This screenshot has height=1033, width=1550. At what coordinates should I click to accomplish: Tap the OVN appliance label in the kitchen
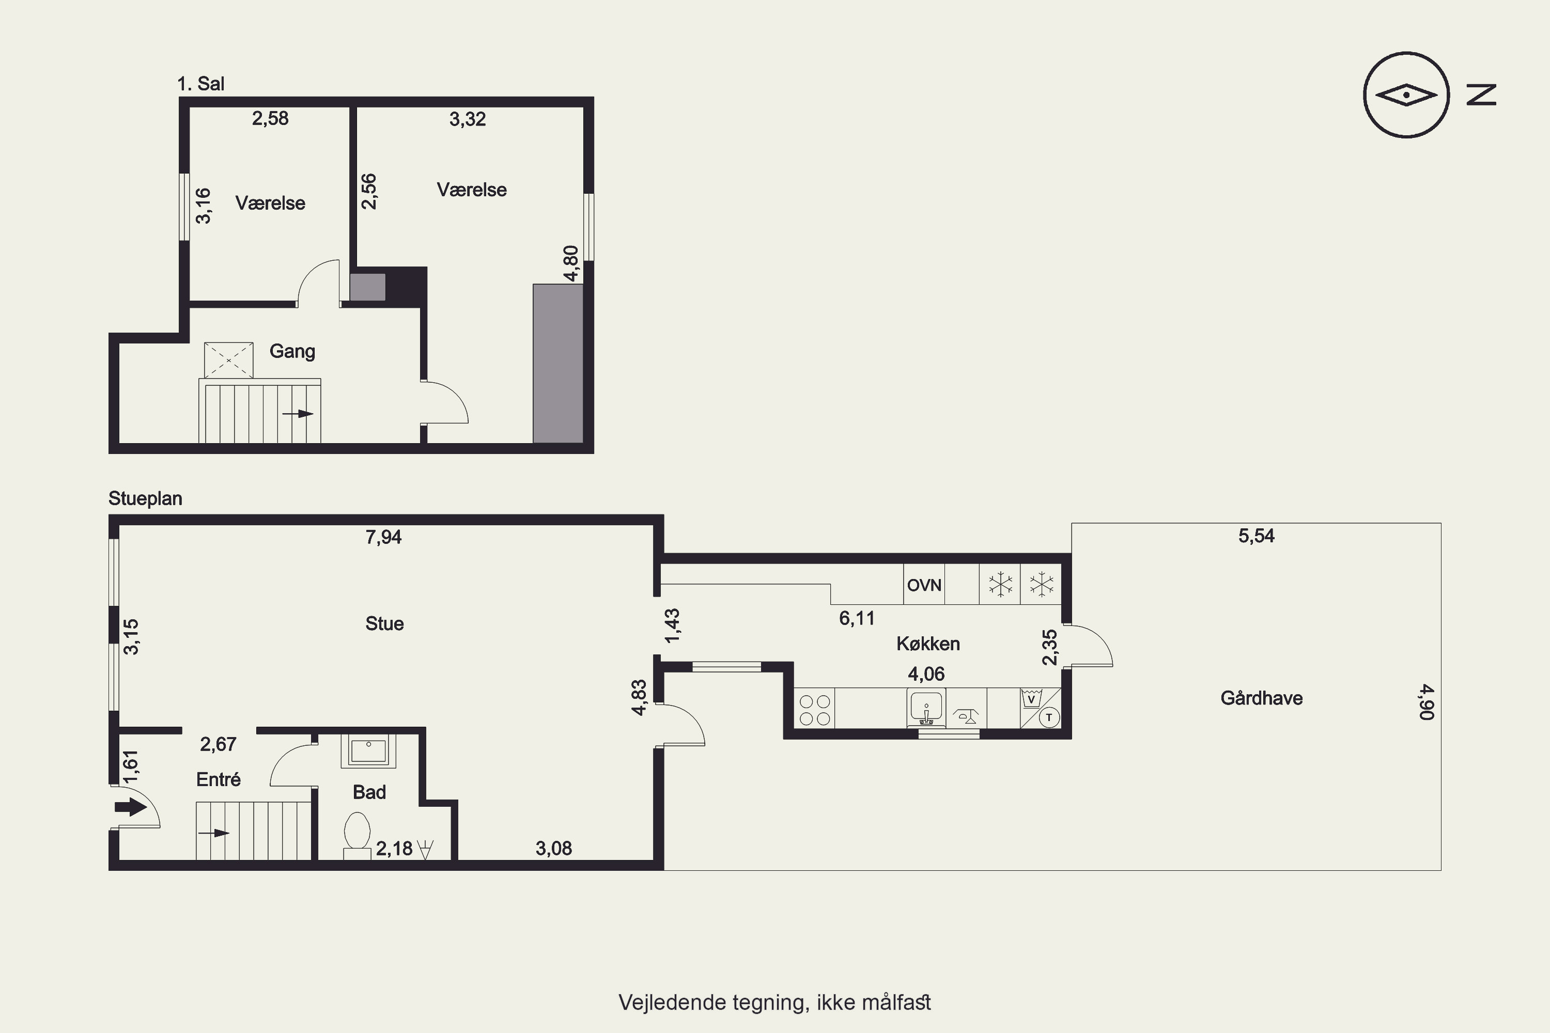[924, 585]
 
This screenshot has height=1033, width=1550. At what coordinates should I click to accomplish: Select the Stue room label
[384, 623]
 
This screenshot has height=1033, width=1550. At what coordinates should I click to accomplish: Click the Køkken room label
[928, 644]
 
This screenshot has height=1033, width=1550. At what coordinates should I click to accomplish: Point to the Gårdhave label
[1261, 698]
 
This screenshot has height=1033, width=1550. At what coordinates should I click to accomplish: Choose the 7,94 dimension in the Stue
[383, 537]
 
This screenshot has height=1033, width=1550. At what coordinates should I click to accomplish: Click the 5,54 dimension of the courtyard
[1256, 536]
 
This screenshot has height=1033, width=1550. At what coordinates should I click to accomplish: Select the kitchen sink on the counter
[926, 708]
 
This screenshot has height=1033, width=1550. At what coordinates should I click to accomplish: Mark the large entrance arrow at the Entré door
[131, 807]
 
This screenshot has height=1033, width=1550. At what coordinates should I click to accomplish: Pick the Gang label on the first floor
[292, 351]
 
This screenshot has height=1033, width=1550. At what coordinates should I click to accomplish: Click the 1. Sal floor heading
[201, 84]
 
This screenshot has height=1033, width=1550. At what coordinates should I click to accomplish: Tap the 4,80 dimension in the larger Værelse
[571, 263]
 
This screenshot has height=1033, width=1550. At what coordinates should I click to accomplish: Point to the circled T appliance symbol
[1048, 717]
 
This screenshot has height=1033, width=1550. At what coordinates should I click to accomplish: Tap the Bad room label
[369, 792]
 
